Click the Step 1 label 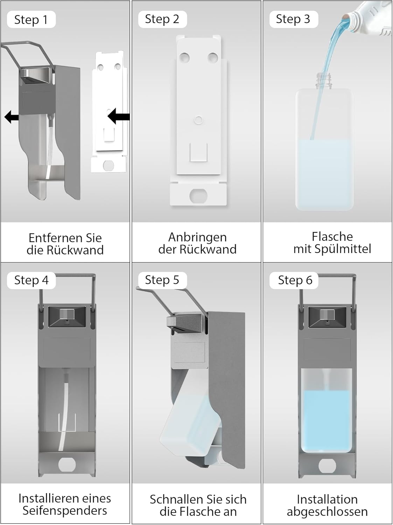[31, 20]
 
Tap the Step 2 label [162, 19]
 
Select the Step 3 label [294, 19]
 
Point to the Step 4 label [31, 280]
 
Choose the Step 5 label [162, 280]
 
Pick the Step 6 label [294, 280]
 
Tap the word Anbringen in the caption [197, 238]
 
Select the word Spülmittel [343, 249]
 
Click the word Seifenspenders [65, 510]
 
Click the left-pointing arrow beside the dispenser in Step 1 [12, 117]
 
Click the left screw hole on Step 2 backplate [185, 57]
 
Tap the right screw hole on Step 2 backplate [212, 57]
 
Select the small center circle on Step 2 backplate [198, 120]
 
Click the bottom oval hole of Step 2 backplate [198, 195]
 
